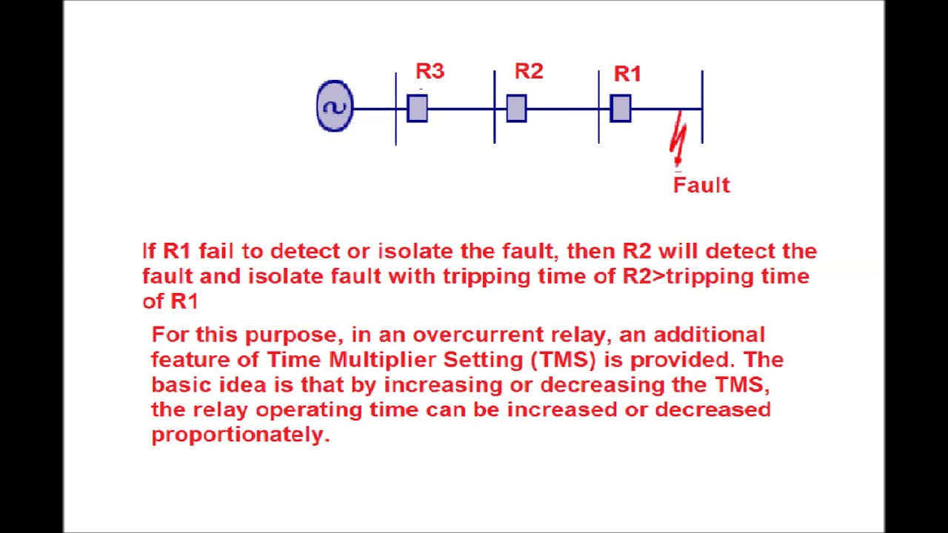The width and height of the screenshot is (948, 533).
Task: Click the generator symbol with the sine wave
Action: pyautogui.click(x=335, y=107)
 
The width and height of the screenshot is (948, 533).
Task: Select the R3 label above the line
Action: pyautogui.click(x=430, y=71)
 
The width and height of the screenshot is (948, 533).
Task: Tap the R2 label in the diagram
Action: pyautogui.click(x=529, y=71)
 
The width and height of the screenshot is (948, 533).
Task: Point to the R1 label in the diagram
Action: pyautogui.click(x=627, y=74)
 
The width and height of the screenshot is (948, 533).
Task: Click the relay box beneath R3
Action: pyautogui.click(x=417, y=109)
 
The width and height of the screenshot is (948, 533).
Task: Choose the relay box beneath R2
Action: pyautogui.click(x=516, y=109)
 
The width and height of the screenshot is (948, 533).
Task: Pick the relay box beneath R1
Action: pyautogui.click(x=621, y=109)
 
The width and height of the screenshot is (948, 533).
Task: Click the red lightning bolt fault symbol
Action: pyautogui.click(x=678, y=139)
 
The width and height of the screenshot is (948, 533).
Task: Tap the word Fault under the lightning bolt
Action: pyautogui.click(x=701, y=185)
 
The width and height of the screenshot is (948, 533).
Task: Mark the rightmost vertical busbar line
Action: pyautogui.click(x=702, y=107)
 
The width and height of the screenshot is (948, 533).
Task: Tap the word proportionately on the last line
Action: pyautogui.click(x=240, y=435)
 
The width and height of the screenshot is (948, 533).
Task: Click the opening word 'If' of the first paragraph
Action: pyautogui.click(x=149, y=251)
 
